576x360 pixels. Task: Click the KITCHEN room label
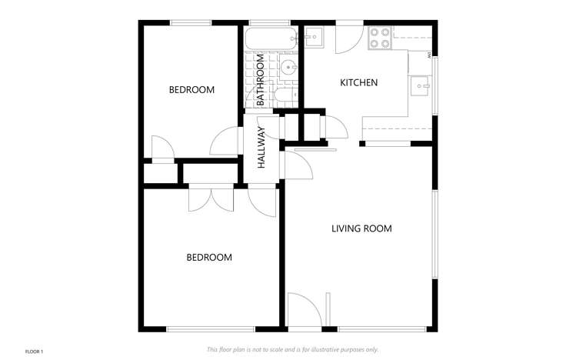point(358,82)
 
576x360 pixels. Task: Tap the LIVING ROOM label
point(361,228)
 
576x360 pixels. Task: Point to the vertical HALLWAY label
point(261,147)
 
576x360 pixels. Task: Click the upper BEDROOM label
point(191,90)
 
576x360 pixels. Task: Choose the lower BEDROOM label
point(208,257)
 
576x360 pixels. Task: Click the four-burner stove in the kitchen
point(378,38)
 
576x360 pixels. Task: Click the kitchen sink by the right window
point(419,85)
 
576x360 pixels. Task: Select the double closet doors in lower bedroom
point(209,197)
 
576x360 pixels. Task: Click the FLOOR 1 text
point(35,352)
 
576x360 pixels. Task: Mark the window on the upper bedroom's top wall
point(191,22)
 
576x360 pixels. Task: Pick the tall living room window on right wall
point(434,234)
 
